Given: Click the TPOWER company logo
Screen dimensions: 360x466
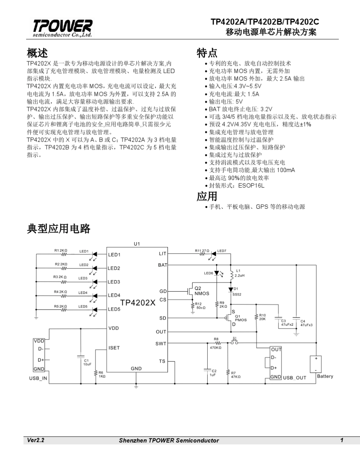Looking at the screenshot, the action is pyautogui.click(x=62, y=28).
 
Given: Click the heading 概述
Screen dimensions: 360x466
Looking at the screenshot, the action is pyautogui.click(x=37, y=52).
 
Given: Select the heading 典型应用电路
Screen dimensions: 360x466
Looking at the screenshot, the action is pyautogui.click(x=58, y=228).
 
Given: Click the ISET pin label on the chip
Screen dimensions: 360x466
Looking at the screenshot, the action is pyautogui.click(x=114, y=347).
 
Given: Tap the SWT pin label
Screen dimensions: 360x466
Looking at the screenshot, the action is pyautogui.click(x=161, y=344).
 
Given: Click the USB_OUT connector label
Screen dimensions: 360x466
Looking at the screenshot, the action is pyautogui.click(x=295, y=378).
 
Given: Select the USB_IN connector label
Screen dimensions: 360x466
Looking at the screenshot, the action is pyautogui.click(x=38, y=378).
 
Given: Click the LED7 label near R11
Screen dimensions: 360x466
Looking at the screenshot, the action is pyautogui.click(x=222, y=250).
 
